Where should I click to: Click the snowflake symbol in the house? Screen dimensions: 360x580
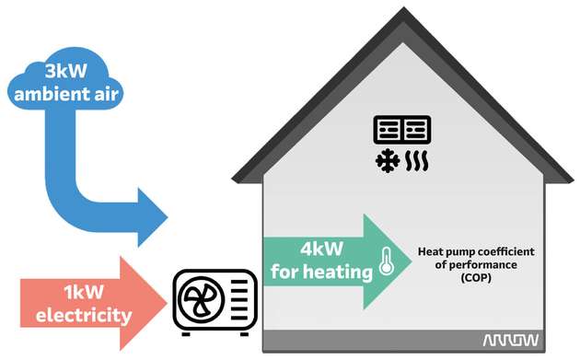(385, 163)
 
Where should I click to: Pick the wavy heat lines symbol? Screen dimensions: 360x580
(415, 163)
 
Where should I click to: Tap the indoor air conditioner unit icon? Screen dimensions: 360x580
(401, 130)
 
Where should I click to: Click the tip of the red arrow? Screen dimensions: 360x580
(168, 304)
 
